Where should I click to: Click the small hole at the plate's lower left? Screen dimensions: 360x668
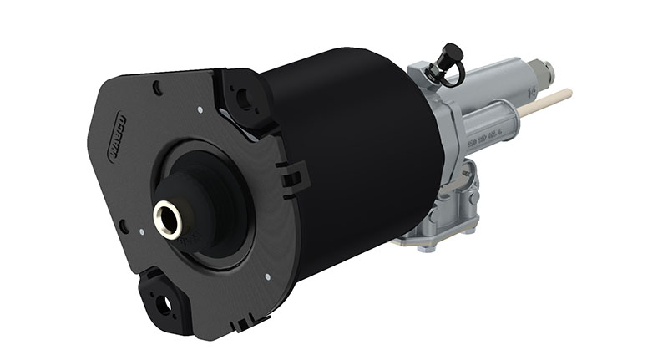pyautogui.click(x=124, y=226)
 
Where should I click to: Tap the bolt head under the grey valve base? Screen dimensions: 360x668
pyautogui.click(x=426, y=247)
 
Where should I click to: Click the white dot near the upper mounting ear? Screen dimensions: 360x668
pyautogui.click(x=200, y=108)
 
